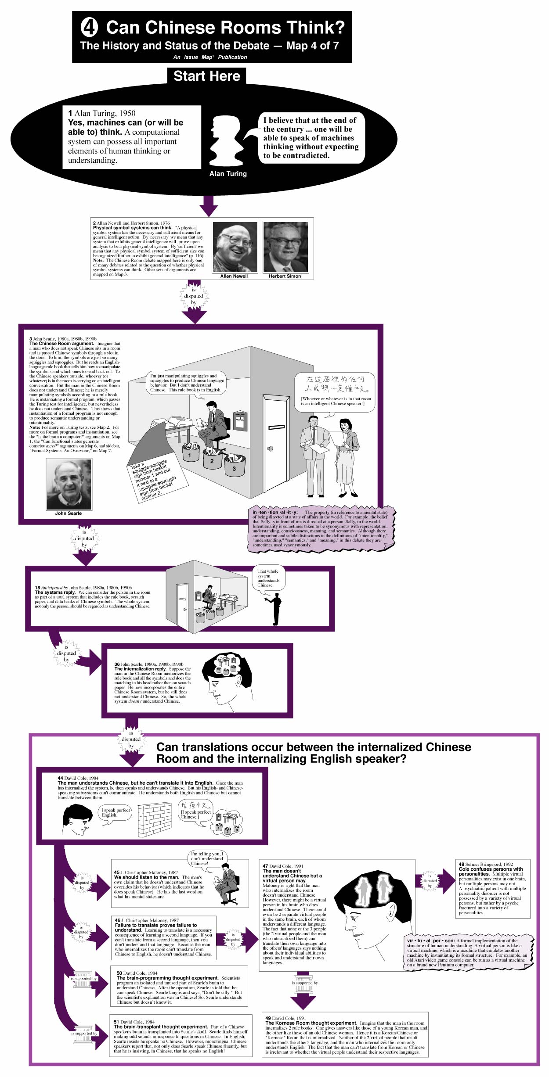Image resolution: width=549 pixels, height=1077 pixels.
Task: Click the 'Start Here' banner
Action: click(x=206, y=76)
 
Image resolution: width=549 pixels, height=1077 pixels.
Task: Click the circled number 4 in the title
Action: click(x=89, y=27)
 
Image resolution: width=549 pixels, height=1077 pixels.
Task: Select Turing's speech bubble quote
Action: click(x=311, y=138)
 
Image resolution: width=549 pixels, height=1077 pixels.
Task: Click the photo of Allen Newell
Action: click(x=235, y=247)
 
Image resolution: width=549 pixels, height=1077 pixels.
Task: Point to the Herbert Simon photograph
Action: click(x=285, y=247)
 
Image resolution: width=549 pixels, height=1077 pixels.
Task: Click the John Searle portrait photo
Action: click(x=69, y=485)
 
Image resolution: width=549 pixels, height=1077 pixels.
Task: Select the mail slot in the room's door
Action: click(x=276, y=427)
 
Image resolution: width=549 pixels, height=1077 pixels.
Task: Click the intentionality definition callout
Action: click(x=320, y=528)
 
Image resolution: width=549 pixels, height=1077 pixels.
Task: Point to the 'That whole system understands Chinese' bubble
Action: click(x=268, y=578)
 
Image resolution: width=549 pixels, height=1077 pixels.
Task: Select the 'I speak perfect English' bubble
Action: click(x=116, y=813)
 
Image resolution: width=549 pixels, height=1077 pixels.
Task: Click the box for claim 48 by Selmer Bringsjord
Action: click(x=492, y=888)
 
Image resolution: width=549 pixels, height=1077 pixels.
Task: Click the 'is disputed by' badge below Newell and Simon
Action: click(x=194, y=296)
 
